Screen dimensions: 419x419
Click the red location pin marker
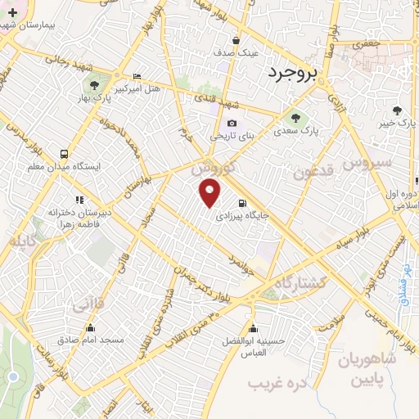(x=210, y=194)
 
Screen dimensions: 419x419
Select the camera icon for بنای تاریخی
(x=232, y=124)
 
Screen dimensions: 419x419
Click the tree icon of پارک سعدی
(x=295, y=117)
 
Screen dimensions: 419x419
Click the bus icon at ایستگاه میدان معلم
(x=65, y=154)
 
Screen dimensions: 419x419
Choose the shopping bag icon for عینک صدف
(x=236, y=40)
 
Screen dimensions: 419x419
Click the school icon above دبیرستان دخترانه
(x=79, y=199)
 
